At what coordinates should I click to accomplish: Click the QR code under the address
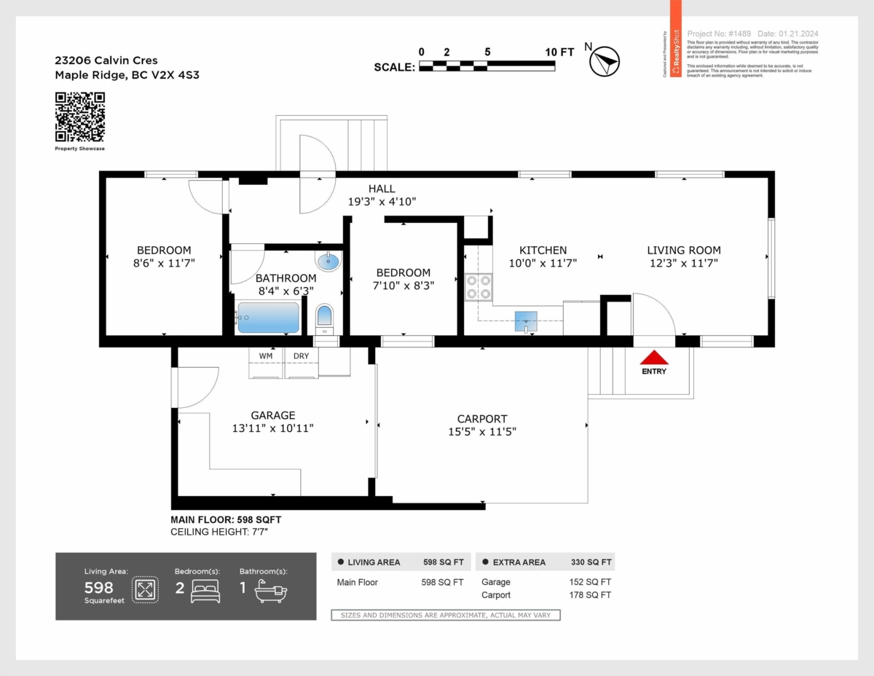click(80, 117)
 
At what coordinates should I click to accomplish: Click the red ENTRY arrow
click(654, 358)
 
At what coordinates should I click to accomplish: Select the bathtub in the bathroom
click(267, 318)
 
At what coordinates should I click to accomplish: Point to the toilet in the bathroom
click(324, 318)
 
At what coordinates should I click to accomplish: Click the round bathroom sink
click(328, 261)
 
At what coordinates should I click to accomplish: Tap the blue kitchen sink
click(525, 321)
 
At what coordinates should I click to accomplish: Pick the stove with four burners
click(479, 286)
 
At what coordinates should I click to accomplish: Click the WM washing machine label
click(266, 356)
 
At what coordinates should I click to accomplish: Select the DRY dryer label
click(301, 356)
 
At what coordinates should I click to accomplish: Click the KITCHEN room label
click(543, 250)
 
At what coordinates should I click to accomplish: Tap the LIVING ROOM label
click(684, 250)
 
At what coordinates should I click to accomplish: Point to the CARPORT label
click(482, 419)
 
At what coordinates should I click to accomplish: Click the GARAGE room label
click(273, 415)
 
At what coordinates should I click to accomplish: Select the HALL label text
click(382, 189)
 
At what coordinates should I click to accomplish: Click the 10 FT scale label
click(559, 52)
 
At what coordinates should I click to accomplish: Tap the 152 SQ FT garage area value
click(590, 582)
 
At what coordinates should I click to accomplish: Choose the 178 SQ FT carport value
click(590, 595)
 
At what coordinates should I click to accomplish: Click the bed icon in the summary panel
click(205, 591)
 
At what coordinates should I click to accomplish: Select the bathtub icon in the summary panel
click(271, 592)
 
